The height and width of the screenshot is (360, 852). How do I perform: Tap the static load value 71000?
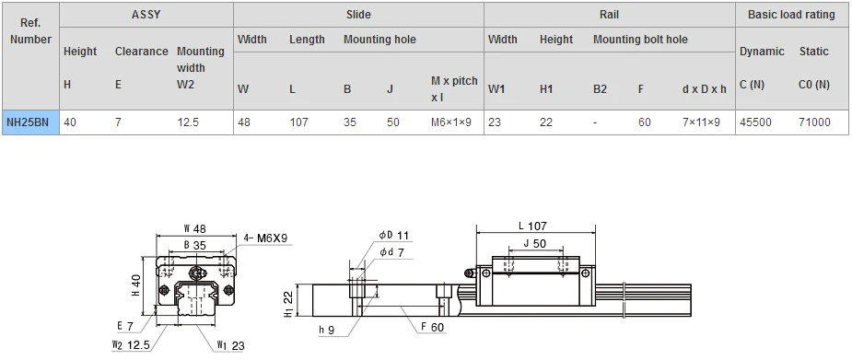click(814, 122)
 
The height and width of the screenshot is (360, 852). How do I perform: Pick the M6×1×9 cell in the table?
click(451, 122)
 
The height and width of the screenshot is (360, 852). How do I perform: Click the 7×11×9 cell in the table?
click(701, 122)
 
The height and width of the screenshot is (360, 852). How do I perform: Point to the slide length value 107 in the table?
click(298, 122)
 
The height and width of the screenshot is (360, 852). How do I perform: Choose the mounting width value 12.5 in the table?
click(188, 122)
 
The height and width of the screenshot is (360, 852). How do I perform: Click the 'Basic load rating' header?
click(791, 15)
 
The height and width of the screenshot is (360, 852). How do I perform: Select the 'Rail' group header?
click(609, 15)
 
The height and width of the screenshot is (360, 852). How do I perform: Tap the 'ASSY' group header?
click(146, 15)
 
